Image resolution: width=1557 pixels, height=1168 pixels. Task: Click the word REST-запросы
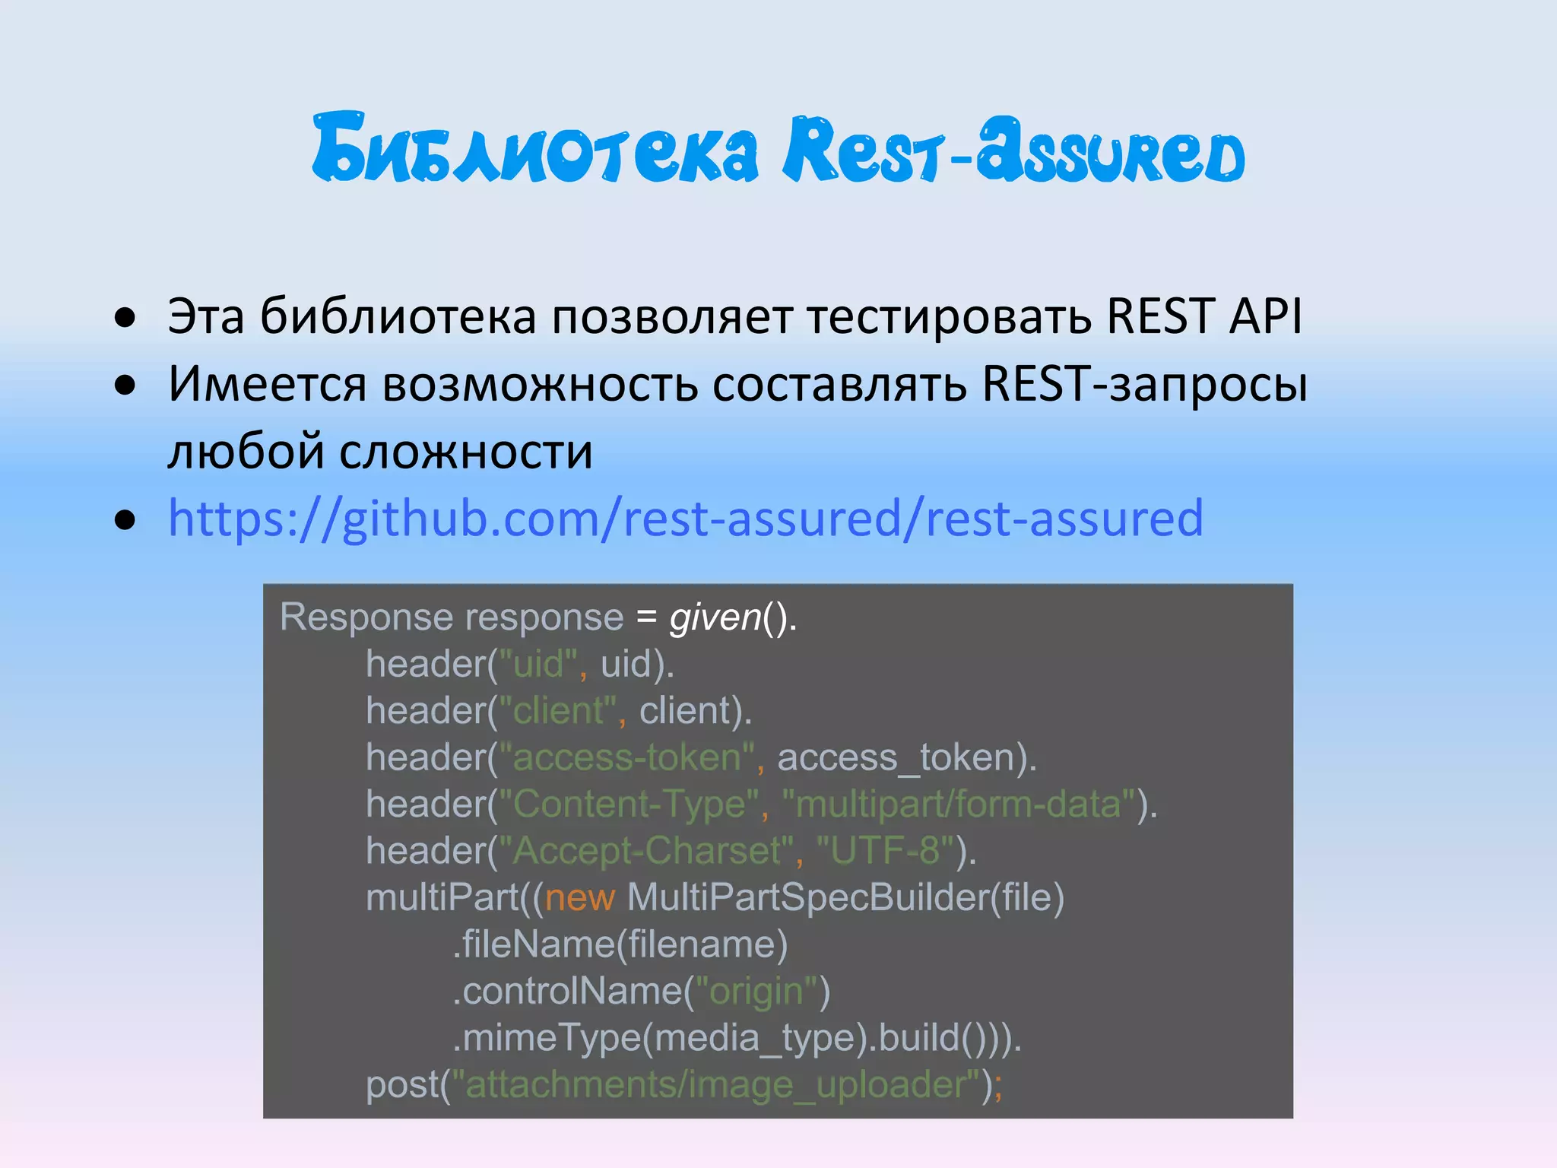coord(1143,383)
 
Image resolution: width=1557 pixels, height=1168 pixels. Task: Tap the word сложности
coord(465,451)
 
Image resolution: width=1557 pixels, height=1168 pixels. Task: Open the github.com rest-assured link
coord(685,519)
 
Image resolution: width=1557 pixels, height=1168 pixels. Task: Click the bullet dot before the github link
coord(125,521)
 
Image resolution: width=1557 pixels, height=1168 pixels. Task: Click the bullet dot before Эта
coord(125,317)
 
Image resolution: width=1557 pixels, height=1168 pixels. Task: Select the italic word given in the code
coord(715,617)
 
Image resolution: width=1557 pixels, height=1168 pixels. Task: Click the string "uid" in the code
coord(538,664)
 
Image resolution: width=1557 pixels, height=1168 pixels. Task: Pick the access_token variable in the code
coord(902,757)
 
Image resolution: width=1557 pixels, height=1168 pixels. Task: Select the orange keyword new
coord(579,897)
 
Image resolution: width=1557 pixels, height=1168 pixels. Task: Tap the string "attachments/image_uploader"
coord(715,1084)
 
